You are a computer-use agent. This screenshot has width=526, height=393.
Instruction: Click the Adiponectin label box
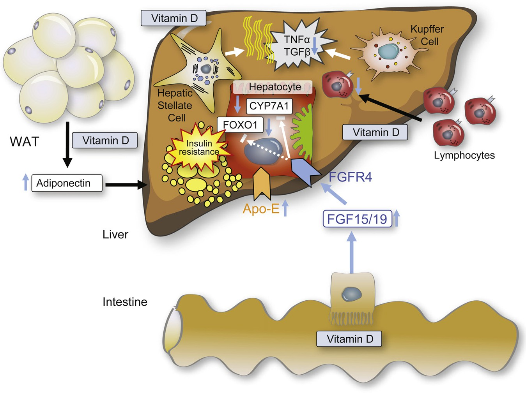(67, 183)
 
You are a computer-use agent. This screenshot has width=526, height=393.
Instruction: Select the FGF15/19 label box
(357, 219)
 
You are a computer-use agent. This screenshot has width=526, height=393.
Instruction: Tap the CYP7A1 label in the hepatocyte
(269, 106)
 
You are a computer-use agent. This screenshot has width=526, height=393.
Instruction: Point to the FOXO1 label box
(240, 125)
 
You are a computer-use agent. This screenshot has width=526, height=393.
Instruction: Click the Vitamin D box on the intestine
(349, 339)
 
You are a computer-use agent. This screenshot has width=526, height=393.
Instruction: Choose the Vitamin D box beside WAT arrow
(105, 140)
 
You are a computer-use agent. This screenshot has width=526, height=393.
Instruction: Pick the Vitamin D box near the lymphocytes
(375, 132)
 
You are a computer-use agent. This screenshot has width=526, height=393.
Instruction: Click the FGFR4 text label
(350, 177)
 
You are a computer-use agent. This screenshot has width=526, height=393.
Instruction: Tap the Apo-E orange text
(261, 209)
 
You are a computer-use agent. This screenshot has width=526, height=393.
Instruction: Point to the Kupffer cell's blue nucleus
(388, 51)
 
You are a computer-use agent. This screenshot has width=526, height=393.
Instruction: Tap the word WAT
(24, 142)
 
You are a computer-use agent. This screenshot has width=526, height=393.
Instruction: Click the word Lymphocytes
(464, 155)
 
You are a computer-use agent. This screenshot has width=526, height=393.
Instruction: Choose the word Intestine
(125, 302)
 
